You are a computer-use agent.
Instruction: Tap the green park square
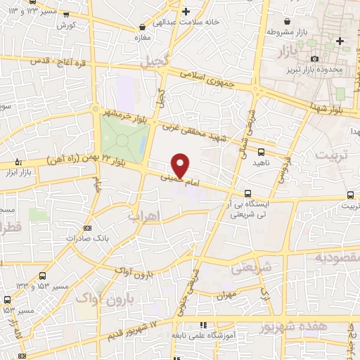[x=122, y=138]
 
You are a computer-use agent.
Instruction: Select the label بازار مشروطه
[x=290, y=32]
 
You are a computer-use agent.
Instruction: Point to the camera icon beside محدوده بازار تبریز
[x=314, y=58]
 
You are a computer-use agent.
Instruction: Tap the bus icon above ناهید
[x=262, y=151]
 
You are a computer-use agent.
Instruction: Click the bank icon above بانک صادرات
[x=87, y=228]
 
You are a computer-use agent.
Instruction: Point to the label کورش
[x=67, y=25]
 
